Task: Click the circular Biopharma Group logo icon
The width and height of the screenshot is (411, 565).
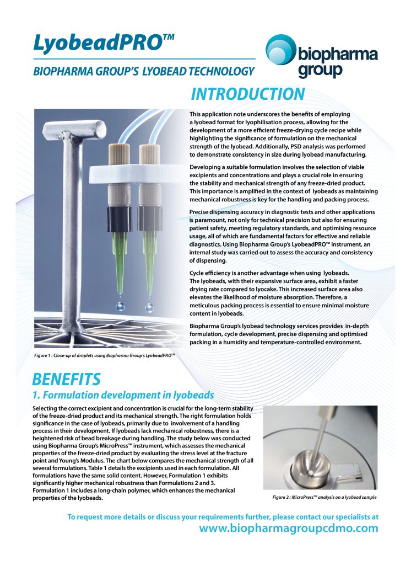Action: (281, 53)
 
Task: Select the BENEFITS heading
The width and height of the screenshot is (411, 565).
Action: (66, 380)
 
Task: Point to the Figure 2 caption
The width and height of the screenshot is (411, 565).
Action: (325, 498)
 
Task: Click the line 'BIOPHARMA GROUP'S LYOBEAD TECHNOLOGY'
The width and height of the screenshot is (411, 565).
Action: (144, 71)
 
